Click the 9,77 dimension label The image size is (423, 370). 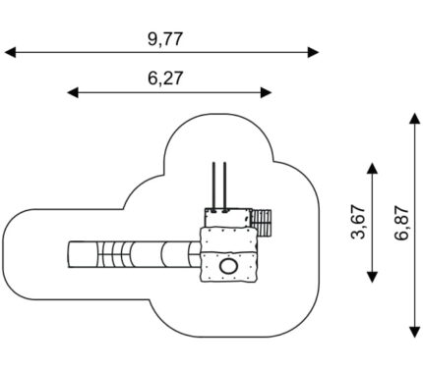[164, 39]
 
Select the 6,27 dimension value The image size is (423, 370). [164, 79]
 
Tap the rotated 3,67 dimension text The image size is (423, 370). [358, 222]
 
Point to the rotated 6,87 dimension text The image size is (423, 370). [401, 223]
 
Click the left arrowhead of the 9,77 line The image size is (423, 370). [10, 52]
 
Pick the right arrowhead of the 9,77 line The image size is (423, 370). [313, 52]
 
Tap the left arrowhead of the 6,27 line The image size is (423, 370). [73, 92]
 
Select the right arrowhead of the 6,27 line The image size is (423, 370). [266, 92]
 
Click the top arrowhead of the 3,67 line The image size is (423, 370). [372, 168]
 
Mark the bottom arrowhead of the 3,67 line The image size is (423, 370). [372, 277]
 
